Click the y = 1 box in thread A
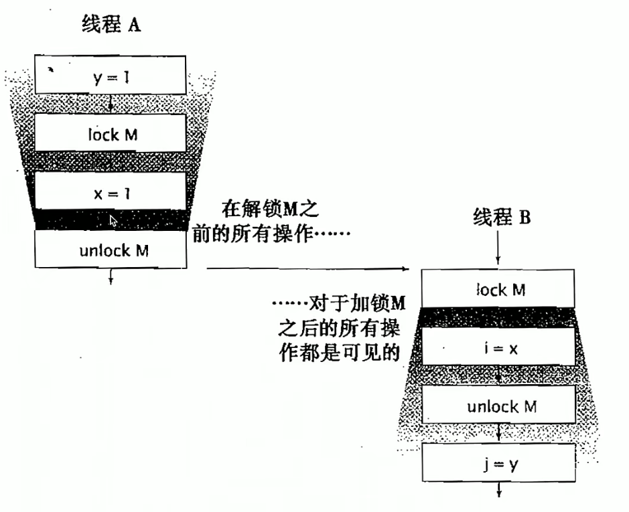click(111, 78)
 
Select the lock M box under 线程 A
click(111, 135)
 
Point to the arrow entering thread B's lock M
click(498, 254)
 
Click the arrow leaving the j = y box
click(498, 491)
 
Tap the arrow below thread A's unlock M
click(111, 275)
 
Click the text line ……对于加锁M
click(340, 305)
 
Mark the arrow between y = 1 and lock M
click(111, 103)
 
